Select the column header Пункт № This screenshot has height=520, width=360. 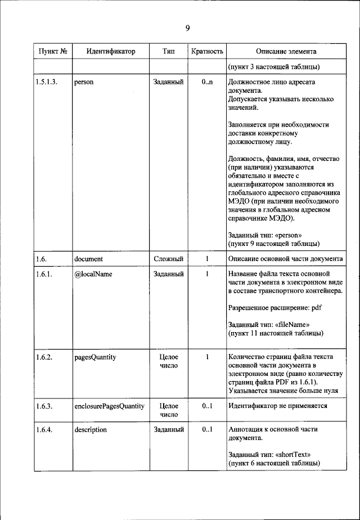coord(53,51)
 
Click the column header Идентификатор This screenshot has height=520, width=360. coord(111,51)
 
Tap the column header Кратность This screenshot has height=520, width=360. coord(207,51)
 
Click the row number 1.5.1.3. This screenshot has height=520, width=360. coord(48,82)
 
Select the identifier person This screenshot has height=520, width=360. coord(84,82)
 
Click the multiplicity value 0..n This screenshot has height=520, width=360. coord(207,82)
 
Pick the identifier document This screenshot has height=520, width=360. coord(88,259)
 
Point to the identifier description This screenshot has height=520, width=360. coord(91,429)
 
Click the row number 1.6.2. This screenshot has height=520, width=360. coord(44,357)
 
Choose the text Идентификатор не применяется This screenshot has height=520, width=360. coord(277,405)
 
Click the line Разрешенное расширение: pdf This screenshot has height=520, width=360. coord(275,308)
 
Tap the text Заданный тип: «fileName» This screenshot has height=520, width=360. coord(269,325)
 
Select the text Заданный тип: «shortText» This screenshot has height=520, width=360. coord(269,454)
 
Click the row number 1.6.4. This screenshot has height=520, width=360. coord(44,429)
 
